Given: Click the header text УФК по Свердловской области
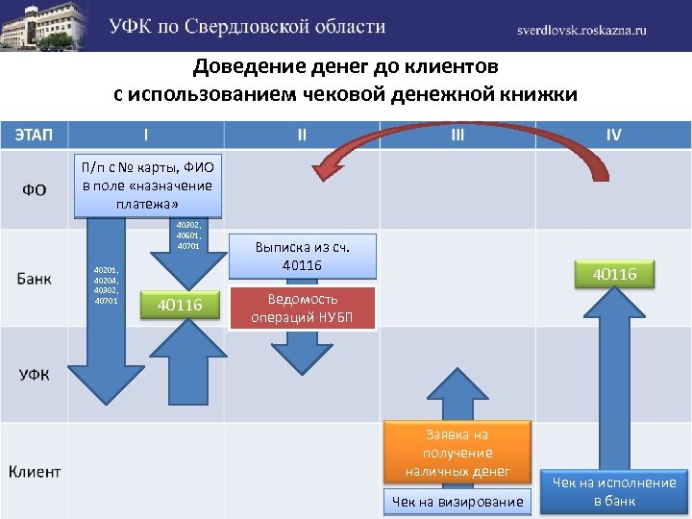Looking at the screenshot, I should pos(247,26).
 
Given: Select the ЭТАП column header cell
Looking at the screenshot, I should pos(34,135).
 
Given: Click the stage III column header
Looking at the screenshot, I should pos(457,135).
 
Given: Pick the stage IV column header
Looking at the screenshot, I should pos(613,135).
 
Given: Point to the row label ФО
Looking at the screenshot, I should pos(34,189).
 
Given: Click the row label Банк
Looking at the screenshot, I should pos(34,279).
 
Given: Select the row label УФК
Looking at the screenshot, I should pos(34,374).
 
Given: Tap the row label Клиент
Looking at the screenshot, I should pos(35,471).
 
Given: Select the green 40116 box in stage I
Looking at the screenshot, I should pos(180,305).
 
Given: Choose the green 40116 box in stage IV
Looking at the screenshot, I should pos(614,275).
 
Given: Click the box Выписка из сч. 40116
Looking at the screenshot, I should pos(302,256).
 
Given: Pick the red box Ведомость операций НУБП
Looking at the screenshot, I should pos(303,308).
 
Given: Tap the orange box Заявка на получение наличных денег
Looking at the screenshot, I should pos(457,453).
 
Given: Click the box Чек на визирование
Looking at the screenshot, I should pos(457,501).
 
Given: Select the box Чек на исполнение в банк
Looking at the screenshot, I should pos(614,491).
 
